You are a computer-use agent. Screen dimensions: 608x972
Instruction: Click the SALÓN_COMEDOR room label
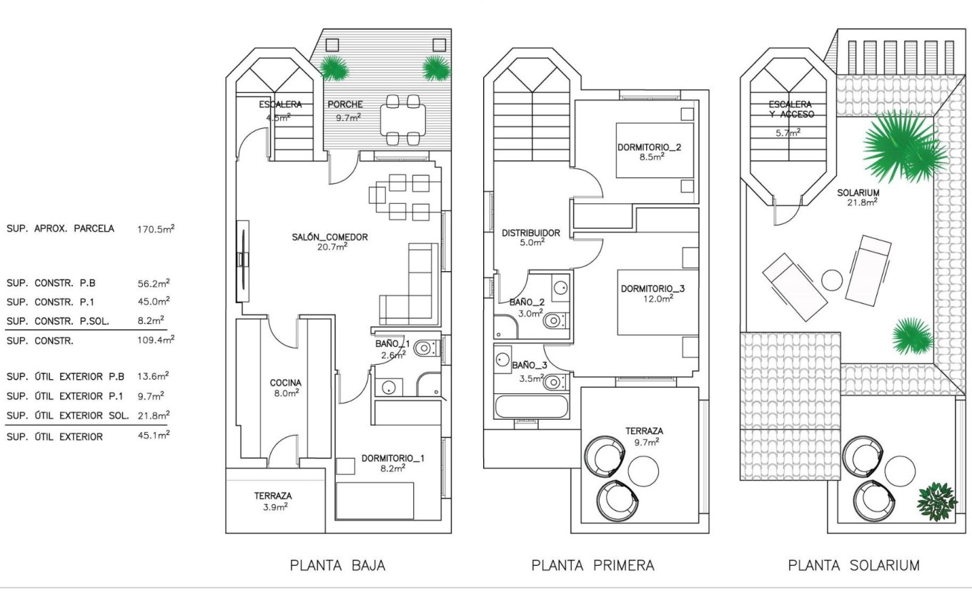tap(329, 237)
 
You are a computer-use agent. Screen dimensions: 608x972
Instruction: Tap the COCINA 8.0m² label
tap(285, 383)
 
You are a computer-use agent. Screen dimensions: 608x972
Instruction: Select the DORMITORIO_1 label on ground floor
tap(392, 458)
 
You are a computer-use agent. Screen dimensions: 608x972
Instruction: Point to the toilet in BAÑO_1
tap(425, 349)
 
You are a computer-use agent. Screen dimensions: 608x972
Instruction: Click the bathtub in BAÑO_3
tap(531, 406)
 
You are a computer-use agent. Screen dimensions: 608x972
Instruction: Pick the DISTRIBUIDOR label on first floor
tap(530, 232)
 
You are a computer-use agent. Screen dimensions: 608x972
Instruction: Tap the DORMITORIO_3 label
tap(653, 289)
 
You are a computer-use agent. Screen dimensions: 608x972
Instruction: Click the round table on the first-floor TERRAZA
tap(643, 471)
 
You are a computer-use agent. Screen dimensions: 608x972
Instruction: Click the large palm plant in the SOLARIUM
tap(904, 147)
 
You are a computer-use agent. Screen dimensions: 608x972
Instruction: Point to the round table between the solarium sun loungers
tap(832, 280)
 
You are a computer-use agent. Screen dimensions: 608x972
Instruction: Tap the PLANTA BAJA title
tap(337, 566)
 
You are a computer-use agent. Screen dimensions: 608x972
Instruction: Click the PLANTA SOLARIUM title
tap(853, 566)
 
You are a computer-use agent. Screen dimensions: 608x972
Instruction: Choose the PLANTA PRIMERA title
tap(592, 566)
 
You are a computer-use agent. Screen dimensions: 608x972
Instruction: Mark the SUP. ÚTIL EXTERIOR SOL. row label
tap(68, 416)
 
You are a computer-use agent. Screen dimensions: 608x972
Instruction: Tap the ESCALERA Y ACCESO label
tap(787, 109)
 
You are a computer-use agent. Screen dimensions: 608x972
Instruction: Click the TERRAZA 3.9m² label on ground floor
tap(272, 496)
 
